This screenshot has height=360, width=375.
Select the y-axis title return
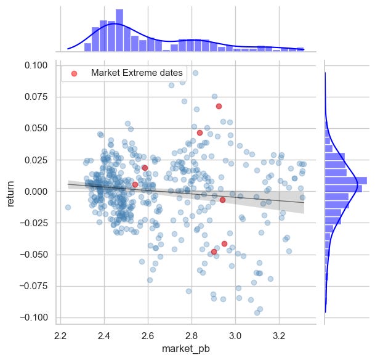click(x=10, y=191)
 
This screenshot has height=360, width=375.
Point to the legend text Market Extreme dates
click(x=137, y=73)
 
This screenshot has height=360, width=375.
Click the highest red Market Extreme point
click(x=219, y=106)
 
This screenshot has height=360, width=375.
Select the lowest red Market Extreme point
click(x=214, y=252)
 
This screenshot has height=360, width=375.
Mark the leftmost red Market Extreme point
click(x=135, y=184)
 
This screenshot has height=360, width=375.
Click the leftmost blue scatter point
click(x=68, y=207)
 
